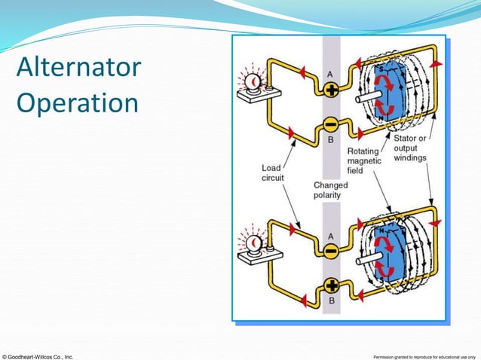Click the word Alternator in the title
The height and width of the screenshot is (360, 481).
[78, 69]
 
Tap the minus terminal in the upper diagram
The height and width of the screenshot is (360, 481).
[330, 123]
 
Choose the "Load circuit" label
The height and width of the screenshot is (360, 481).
[273, 172]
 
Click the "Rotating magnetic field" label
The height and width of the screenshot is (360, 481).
[364, 160]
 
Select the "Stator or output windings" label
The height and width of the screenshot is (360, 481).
[410, 148]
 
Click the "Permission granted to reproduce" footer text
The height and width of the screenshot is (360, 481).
[425, 355]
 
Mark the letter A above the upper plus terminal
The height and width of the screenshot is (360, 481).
[329, 74]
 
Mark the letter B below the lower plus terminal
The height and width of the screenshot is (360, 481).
[330, 301]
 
